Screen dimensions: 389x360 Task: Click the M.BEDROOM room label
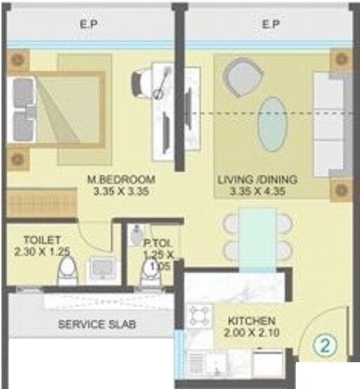click(x=122, y=180)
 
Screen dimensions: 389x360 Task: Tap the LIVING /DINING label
click(x=257, y=180)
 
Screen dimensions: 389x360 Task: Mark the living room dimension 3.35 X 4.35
click(x=257, y=191)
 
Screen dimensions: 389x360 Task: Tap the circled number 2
click(x=326, y=344)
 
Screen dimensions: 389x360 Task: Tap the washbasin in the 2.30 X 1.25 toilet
click(x=101, y=267)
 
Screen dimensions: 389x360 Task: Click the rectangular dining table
click(x=257, y=233)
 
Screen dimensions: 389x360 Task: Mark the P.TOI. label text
click(x=158, y=243)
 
